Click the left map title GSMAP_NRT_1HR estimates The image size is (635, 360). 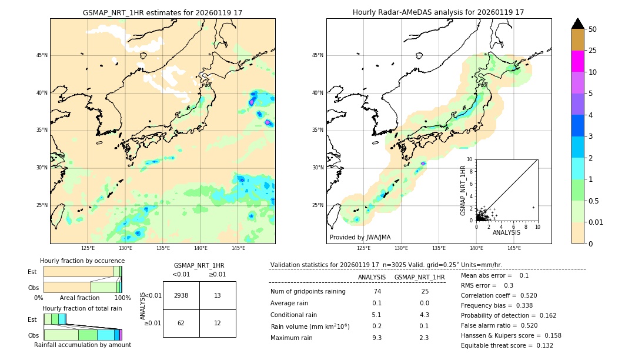click(162, 12)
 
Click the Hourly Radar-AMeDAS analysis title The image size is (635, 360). click(438, 12)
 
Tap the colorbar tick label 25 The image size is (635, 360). click(593, 51)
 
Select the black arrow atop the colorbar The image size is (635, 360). click(578, 24)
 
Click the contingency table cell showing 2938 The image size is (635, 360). click(181, 295)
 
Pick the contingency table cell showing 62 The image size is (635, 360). click(181, 324)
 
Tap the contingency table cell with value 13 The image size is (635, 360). click(218, 295)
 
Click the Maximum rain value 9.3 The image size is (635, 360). click(377, 338)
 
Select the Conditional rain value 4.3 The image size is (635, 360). click(424, 315)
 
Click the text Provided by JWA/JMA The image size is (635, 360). click(360, 237)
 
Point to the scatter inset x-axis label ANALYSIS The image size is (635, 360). click(506, 232)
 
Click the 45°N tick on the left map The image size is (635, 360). click(42, 55)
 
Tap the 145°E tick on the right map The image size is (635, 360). click(514, 248)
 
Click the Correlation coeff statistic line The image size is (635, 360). click(499, 295)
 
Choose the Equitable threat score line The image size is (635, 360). click(507, 345)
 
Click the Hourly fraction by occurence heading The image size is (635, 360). click(82, 261)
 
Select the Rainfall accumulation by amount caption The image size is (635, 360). click(82, 345)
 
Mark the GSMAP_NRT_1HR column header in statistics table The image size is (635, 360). click(419, 277)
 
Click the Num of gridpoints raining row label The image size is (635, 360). click(308, 292)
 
